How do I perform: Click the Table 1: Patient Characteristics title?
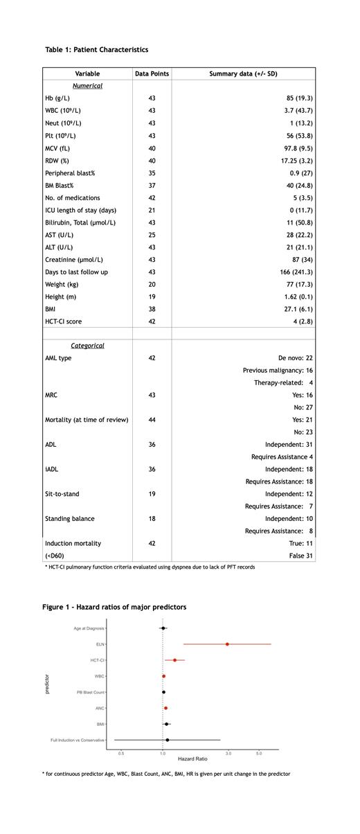click(x=96, y=50)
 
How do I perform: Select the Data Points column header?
click(x=152, y=73)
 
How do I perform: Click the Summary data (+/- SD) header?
click(x=243, y=73)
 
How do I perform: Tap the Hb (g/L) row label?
click(x=57, y=98)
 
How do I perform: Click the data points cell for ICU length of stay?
click(x=152, y=210)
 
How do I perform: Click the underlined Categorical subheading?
click(x=87, y=346)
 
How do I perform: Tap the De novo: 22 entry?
click(x=296, y=358)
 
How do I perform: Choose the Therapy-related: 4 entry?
click(x=283, y=383)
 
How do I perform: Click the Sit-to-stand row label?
click(x=62, y=494)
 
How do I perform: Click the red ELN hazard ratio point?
click(x=227, y=644)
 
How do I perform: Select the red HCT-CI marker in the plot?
click(x=174, y=660)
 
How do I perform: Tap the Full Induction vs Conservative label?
click(x=77, y=740)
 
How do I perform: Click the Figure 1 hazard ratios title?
click(x=114, y=607)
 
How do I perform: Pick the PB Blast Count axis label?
click(x=90, y=692)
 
